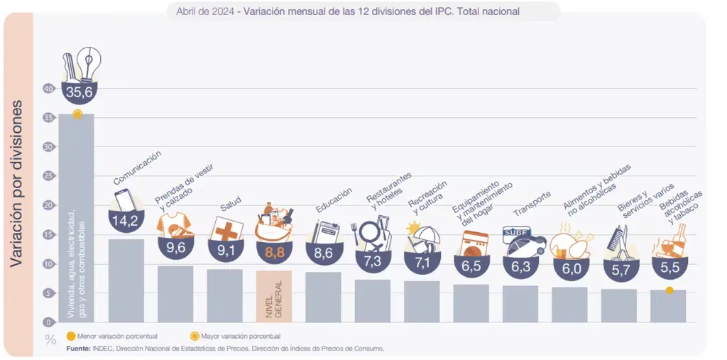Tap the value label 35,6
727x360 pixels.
79,92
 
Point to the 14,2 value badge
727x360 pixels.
125,220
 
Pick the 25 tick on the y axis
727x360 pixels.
48,176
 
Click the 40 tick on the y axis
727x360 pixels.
48,89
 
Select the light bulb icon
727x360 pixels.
89,64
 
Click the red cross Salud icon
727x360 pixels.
228,231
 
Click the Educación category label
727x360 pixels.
334,201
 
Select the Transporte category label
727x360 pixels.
532,204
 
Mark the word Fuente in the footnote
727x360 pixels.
78,349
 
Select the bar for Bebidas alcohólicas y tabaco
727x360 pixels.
668,305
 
